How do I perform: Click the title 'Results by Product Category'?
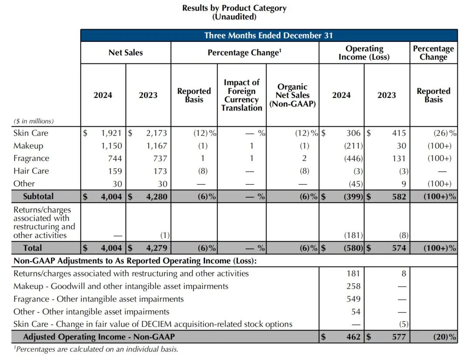[x=234, y=8]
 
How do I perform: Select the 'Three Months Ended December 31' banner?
[x=269, y=35]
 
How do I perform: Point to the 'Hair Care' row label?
[x=31, y=171]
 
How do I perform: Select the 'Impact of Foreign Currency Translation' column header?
[x=242, y=95]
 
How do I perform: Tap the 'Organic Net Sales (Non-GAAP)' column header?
[x=293, y=95]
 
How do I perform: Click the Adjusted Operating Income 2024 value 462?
[x=353, y=337]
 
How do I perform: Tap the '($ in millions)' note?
[x=34, y=121]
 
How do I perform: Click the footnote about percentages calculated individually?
[x=96, y=350]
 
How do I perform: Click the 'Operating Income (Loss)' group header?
[x=364, y=53]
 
